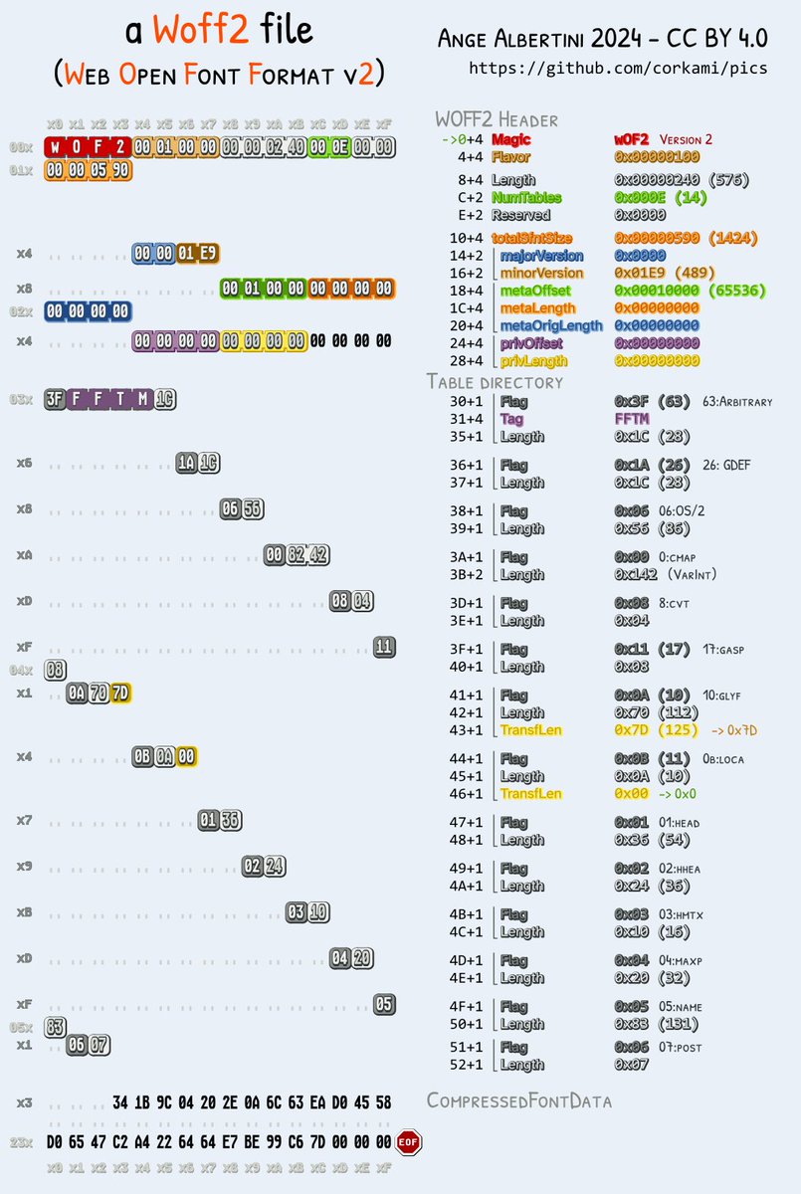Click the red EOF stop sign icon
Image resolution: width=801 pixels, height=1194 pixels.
point(408,1141)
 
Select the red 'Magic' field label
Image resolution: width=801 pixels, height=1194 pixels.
point(512,140)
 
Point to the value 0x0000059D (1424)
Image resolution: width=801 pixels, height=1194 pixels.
point(687,238)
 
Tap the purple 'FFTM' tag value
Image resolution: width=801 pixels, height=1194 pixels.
point(632,419)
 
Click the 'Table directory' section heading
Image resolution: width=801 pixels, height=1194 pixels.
point(495,381)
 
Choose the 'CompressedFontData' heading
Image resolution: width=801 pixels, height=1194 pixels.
point(519,1100)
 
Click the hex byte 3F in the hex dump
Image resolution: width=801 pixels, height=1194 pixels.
point(56,399)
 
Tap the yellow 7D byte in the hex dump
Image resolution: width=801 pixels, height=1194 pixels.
point(120,693)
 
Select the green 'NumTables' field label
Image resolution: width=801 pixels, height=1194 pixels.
point(525,198)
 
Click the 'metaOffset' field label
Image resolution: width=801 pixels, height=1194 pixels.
point(535,290)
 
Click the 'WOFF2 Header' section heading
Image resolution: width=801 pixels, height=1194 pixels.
point(496,119)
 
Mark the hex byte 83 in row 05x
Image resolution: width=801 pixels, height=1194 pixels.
point(56,1027)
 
